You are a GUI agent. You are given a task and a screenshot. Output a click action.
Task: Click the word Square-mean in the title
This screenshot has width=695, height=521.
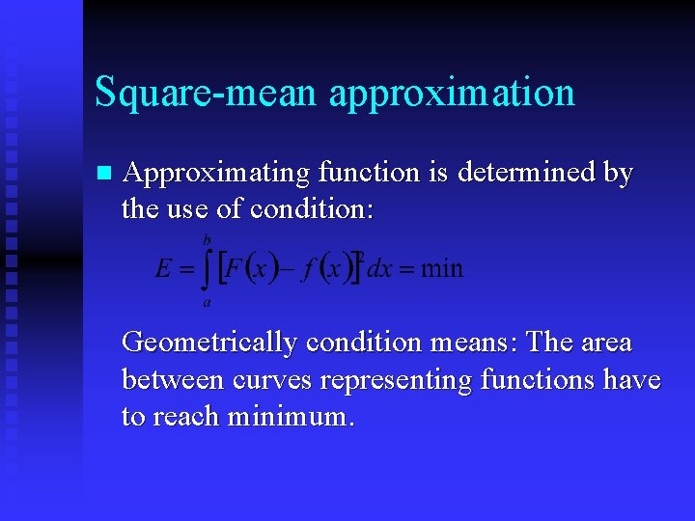coord(205,93)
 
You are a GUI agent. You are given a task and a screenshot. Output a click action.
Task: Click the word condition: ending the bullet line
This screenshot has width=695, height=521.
coord(312,208)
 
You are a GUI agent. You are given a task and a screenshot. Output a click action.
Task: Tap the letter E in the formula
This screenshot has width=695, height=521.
coord(163,268)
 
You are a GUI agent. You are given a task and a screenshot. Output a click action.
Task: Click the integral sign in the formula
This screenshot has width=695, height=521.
coord(206,269)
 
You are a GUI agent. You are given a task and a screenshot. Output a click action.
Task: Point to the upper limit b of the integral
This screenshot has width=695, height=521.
coord(207,238)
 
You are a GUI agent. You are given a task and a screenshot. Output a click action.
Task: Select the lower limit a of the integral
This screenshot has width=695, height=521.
coord(207,302)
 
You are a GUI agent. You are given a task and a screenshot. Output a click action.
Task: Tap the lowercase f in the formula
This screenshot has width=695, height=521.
coord(307,269)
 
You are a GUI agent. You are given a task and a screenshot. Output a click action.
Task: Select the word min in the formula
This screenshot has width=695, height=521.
coord(442,268)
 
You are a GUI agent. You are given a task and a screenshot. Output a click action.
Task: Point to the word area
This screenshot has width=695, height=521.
coord(604,343)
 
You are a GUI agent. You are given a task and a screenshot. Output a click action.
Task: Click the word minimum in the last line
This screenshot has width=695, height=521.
coord(290,417)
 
